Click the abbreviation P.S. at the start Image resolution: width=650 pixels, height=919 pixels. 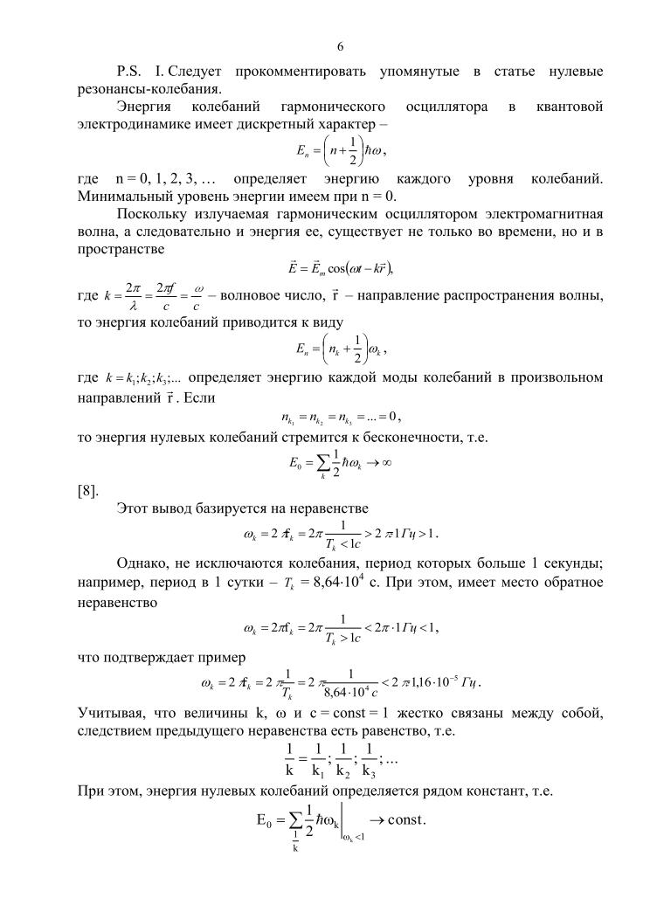pyautogui.click(x=130, y=70)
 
